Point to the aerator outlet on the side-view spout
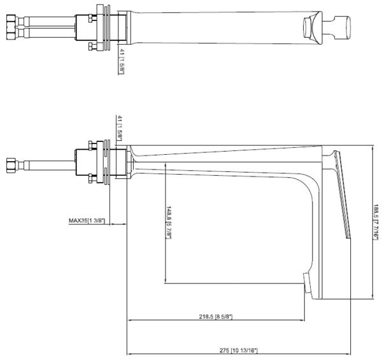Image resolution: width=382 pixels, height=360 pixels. point(307,282)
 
